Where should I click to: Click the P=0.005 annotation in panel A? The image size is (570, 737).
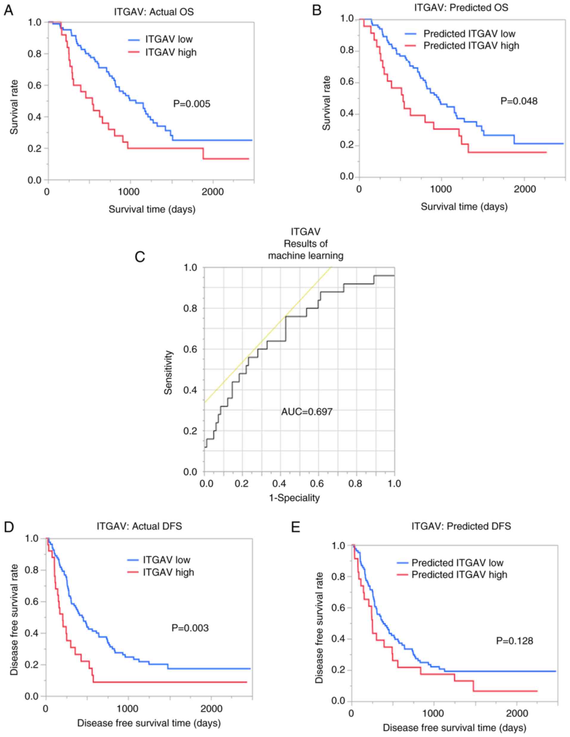tap(191, 104)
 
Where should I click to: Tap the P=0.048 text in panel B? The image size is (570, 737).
tap(519, 101)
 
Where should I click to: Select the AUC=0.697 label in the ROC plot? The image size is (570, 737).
tap(307, 412)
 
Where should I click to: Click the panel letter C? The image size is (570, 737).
tap(140, 257)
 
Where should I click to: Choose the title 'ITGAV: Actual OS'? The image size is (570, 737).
tap(153, 12)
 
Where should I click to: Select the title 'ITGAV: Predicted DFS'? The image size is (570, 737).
tap(461, 526)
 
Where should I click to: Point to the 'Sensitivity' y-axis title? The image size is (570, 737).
tap(168, 373)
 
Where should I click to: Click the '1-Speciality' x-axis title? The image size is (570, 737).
tap(294, 498)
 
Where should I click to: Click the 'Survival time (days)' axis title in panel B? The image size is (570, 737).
tap(464, 206)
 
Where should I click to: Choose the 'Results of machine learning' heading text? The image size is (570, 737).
tap(305, 249)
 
